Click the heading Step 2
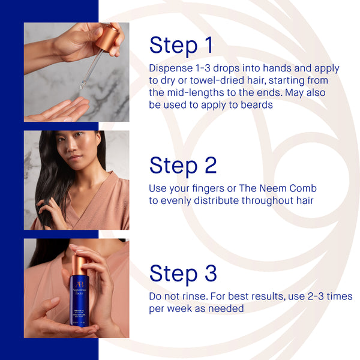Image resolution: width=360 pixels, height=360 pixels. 183,166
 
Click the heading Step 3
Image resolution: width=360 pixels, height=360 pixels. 183,274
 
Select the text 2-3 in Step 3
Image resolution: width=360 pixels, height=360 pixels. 312,296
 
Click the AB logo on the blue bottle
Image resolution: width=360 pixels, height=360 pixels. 80,284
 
